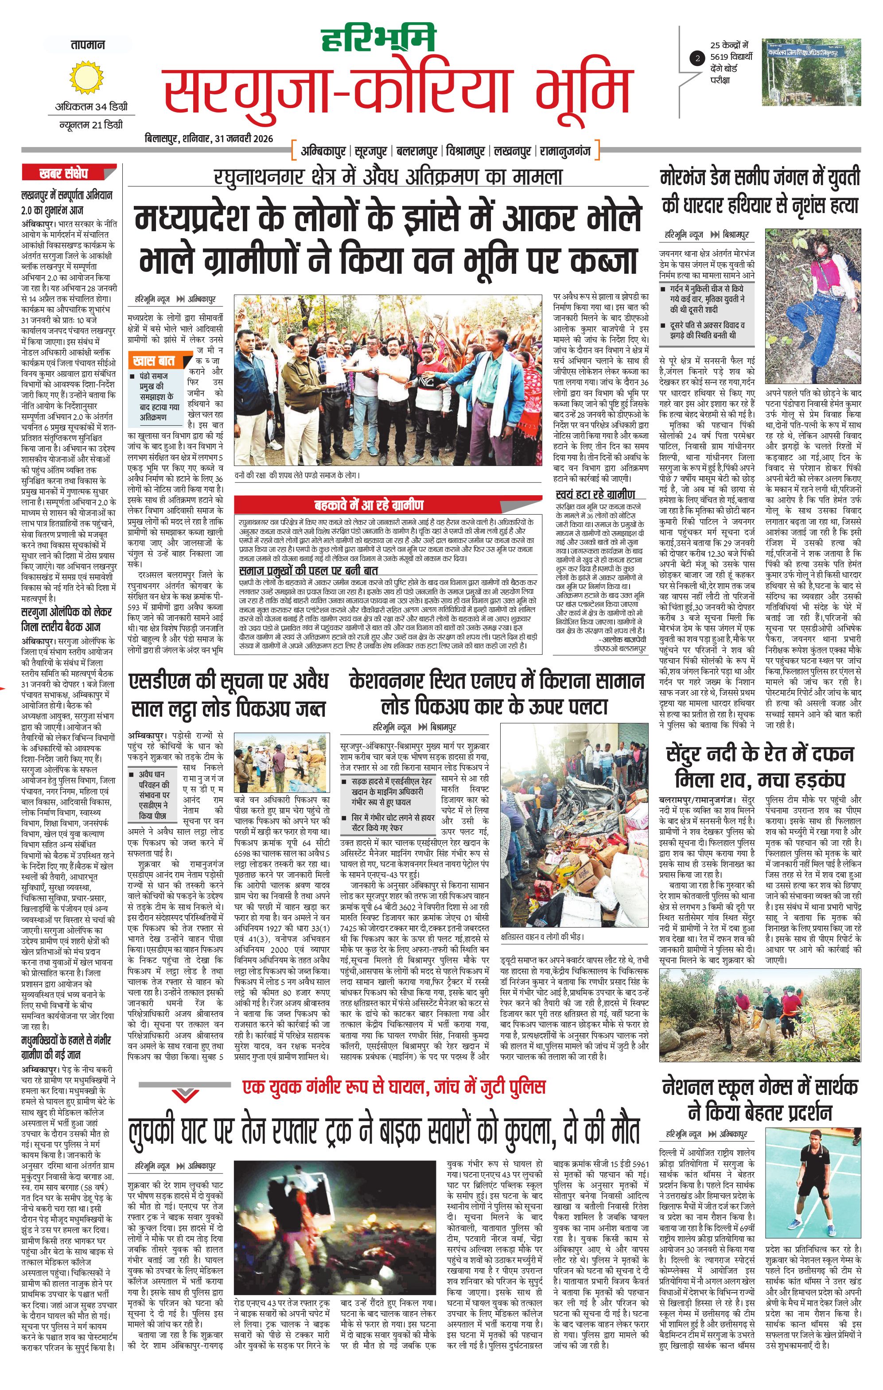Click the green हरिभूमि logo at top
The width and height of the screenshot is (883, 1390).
(x=378, y=39)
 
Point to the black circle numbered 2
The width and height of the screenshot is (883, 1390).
(x=698, y=58)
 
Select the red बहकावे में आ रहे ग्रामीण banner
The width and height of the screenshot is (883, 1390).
(x=369, y=505)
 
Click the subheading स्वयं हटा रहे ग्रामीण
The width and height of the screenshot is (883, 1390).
(x=595, y=494)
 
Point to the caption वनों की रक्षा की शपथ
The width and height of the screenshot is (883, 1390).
(x=297, y=475)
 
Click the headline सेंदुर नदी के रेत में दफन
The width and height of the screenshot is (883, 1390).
(x=759, y=754)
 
